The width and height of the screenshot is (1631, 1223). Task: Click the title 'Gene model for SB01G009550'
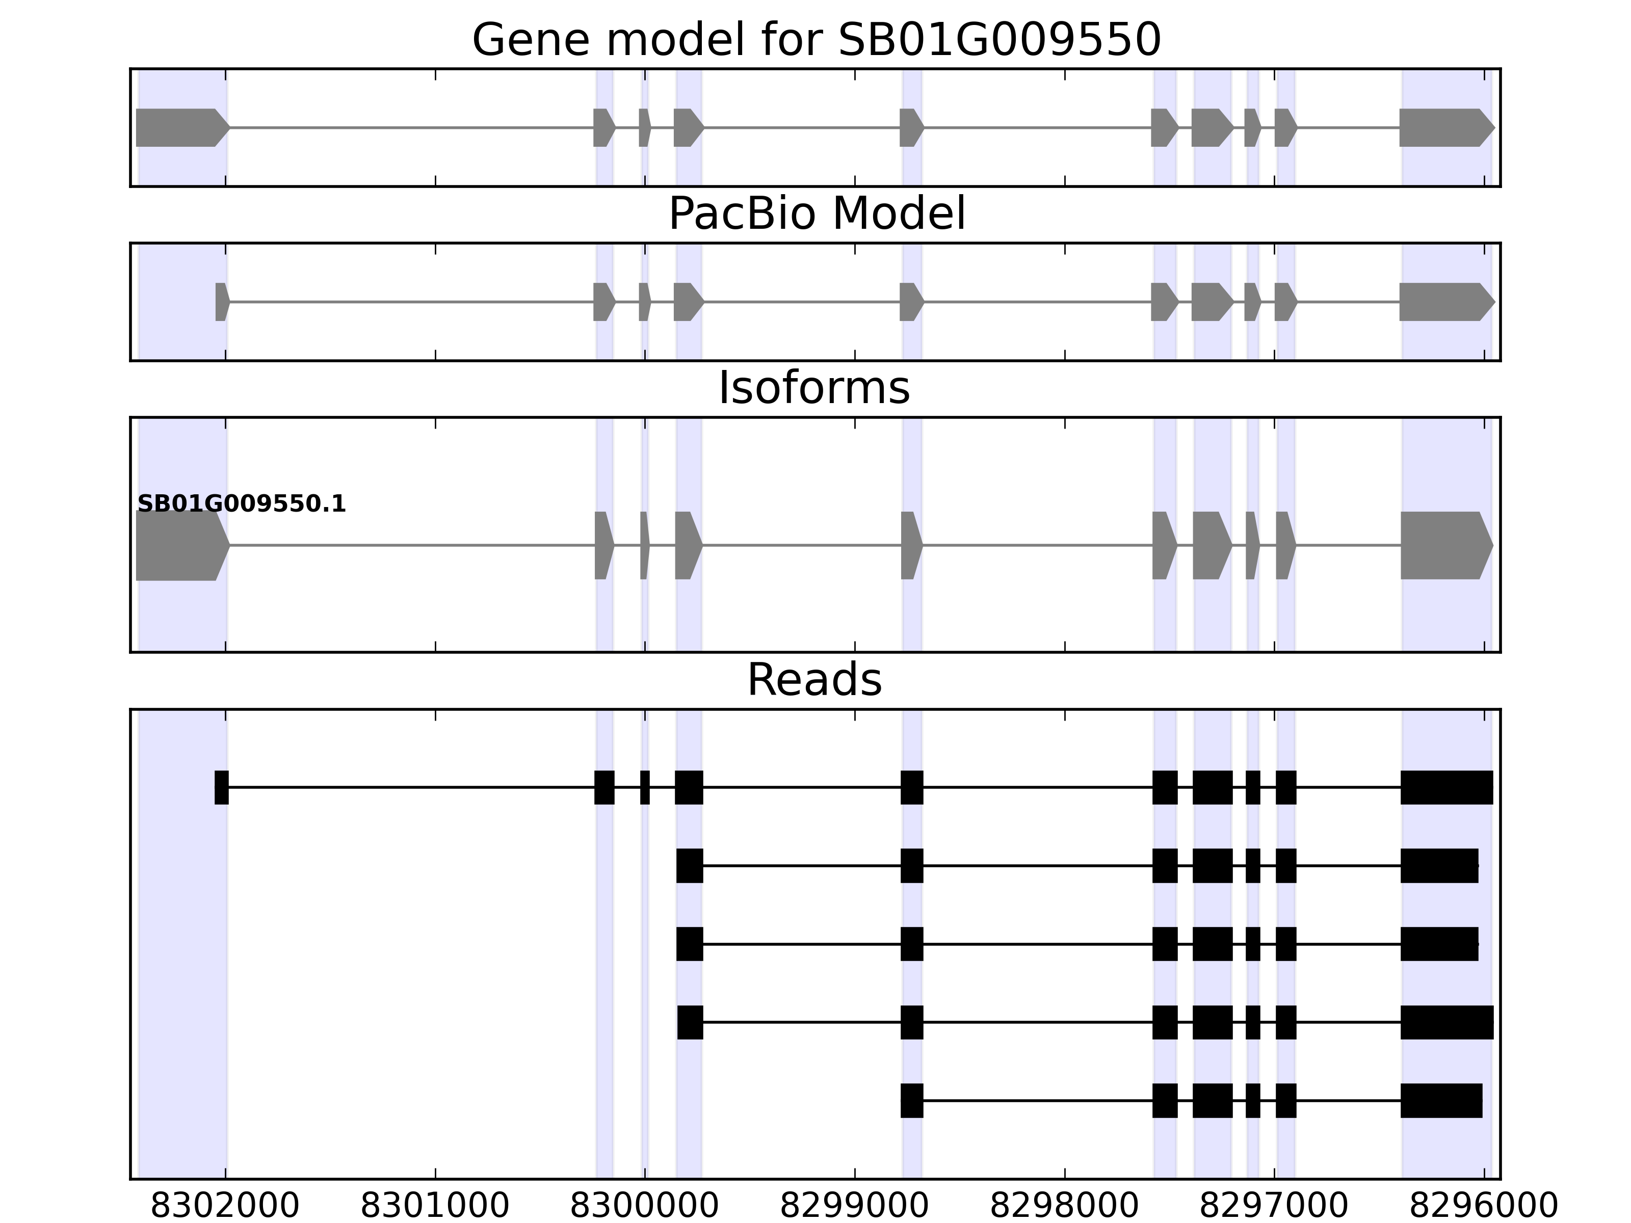[816, 41]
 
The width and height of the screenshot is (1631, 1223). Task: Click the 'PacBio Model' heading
[816, 215]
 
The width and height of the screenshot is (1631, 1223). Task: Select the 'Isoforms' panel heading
[814, 388]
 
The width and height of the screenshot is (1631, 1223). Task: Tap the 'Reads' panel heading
[814, 680]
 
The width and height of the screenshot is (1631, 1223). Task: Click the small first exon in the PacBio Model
[222, 302]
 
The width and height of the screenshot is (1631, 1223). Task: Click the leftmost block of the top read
[221, 787]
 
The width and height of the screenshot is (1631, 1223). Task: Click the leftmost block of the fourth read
[690, 1023]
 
